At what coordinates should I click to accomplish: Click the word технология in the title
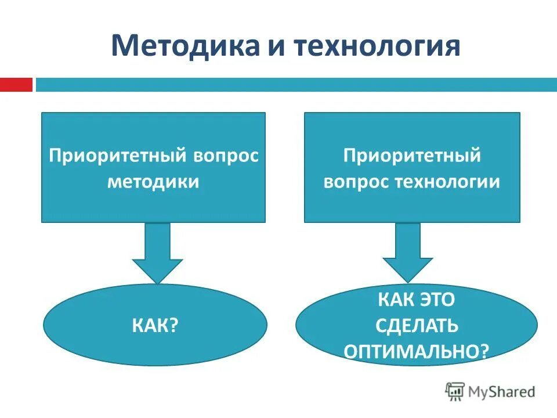(x=377, y=46)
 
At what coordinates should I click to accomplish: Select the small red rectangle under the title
(x=16, y=85)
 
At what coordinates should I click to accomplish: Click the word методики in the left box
(x=153, y=182)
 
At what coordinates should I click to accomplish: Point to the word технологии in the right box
(x=447, y=182)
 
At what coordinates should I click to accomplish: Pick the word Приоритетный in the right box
(x=412, y=156)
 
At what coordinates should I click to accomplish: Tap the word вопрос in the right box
(x=357, y=182)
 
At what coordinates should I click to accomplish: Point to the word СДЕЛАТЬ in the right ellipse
(x=417, y=326)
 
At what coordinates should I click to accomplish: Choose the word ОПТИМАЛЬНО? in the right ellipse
(x=417, y=351)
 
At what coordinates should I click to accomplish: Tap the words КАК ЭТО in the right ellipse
(x=417, y=300)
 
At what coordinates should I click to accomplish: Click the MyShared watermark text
(x=502, y=392)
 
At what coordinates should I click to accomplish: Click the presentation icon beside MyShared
(x=455, y=392)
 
